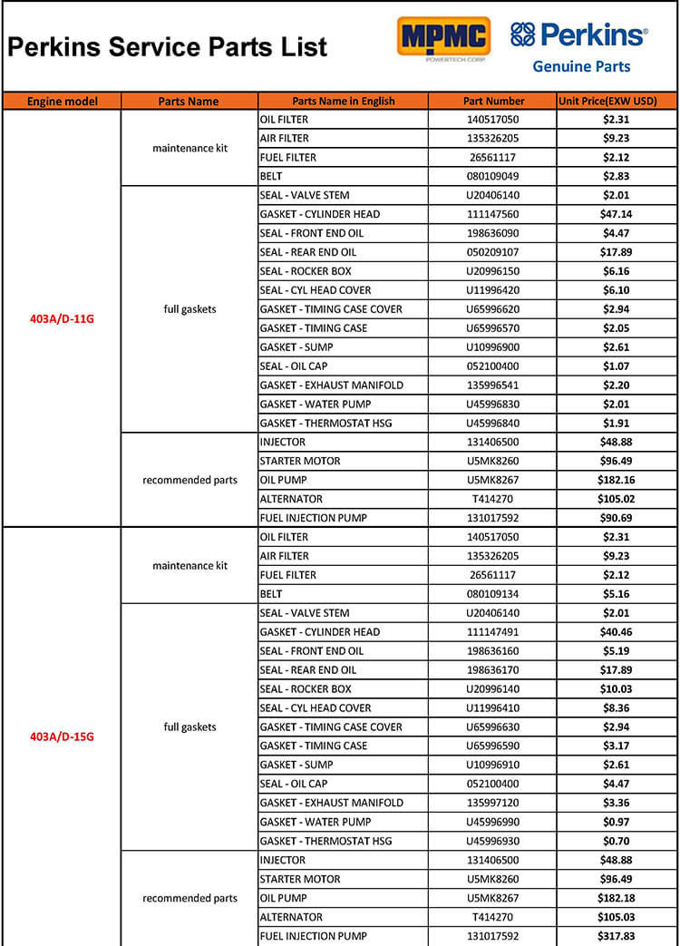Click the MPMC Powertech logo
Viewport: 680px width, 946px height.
point(443,38)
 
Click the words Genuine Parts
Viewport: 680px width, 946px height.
point(581,66)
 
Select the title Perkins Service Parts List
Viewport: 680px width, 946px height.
point(168,47)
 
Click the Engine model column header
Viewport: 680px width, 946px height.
point(62,101)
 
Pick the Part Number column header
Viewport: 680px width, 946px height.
point(493,101)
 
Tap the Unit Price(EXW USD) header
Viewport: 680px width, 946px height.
point(607,101)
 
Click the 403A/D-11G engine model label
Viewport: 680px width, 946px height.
point(62,318)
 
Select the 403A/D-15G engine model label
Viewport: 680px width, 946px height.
point(62,736)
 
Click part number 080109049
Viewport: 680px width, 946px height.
point(493,176)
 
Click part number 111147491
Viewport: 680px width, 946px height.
point(493,632)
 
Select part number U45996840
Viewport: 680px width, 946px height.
point(493,423)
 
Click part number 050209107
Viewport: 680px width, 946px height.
point(493,252)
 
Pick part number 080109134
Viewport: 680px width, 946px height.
point(493,594)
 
